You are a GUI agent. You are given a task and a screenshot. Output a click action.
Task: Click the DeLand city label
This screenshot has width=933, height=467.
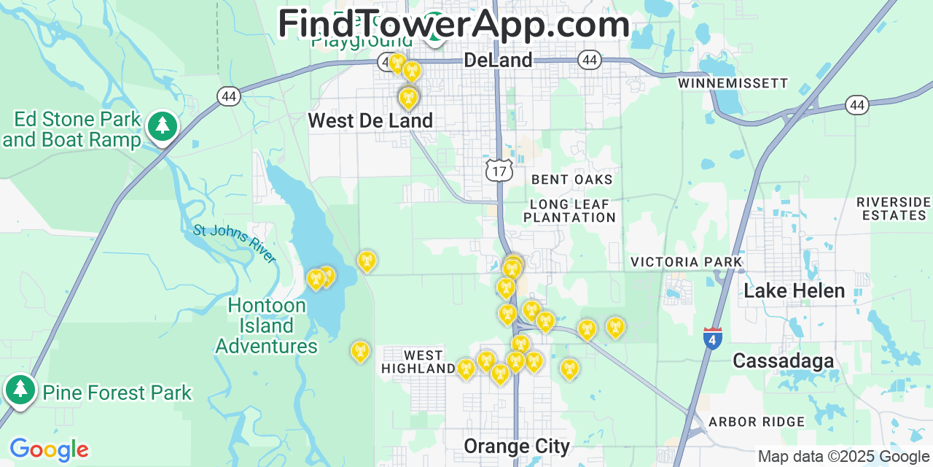pyautogui.click(x=498, y=60)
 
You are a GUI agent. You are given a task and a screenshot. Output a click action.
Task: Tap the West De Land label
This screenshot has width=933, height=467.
pyautogui.click(x=370, y=120)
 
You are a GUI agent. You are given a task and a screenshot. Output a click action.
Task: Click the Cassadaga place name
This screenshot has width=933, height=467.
pyautogui.click(x=783, y=360)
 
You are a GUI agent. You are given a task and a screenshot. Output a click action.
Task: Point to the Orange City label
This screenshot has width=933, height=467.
pyautogui.click(x=517, y=445)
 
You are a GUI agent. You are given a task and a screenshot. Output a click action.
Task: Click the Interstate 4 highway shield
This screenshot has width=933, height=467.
pyautogui.click(x=712, y=339)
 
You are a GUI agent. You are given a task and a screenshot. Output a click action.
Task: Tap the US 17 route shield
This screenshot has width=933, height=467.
pyautogui.click(x=499, y=171)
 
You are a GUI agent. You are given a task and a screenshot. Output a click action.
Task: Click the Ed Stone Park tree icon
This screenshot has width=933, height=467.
pyautogui.click(x=162, y=127)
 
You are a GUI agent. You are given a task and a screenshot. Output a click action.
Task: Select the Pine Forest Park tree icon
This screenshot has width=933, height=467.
pyautogui.click(x=20, y=390)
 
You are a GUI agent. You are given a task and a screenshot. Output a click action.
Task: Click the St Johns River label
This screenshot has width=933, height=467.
pyautogui.click(x=235, y=244)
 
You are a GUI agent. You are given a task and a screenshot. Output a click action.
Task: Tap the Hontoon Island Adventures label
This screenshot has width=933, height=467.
pyautogui.click(x=266, y=325)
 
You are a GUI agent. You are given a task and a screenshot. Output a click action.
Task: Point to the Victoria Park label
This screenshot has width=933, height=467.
pyautogui.click(x=686, y=262)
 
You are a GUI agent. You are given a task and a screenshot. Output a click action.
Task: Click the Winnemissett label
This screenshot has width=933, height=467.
pyautogui.click(x=733, y=83)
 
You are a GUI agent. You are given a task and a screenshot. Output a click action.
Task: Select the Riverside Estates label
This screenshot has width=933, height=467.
pyautogui.click(x=894, y=209)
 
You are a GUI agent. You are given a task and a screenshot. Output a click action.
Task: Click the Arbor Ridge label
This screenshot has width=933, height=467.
pyautogui.click(x=757, y=422)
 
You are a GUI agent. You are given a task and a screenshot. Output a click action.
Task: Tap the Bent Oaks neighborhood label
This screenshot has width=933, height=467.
pyautogui.click(x=571, y=180)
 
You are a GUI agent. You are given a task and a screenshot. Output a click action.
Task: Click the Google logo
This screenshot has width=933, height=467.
pyautogui.click(x=49, y=449)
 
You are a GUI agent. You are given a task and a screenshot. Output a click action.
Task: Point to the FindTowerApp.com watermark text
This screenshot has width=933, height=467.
pyautogui.click(x=453, y=24)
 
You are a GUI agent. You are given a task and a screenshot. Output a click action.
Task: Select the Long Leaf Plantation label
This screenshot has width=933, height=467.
pyautogui.click(x=569, y=211)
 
